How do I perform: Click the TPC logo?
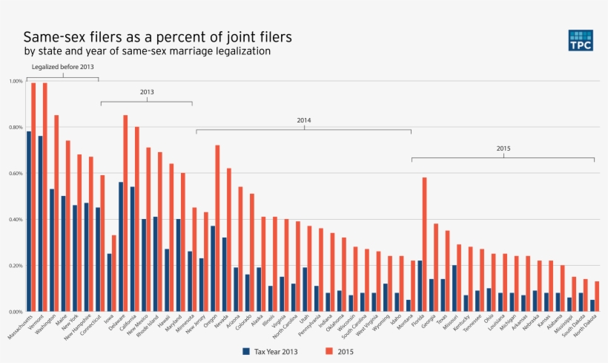pos(581,41)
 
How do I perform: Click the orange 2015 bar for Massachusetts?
pos(33,197)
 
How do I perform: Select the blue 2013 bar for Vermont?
pos(40,223)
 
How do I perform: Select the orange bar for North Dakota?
pos(598,296)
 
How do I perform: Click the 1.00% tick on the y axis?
pos(16,81)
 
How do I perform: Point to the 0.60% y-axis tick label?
pos(16,173)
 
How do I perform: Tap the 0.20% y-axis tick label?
pos(16,265)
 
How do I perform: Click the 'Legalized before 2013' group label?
pos(62,68)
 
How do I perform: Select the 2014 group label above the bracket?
pos(303,120)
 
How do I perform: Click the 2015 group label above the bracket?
pos(503,148)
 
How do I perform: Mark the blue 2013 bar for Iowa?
pos(109,282)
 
